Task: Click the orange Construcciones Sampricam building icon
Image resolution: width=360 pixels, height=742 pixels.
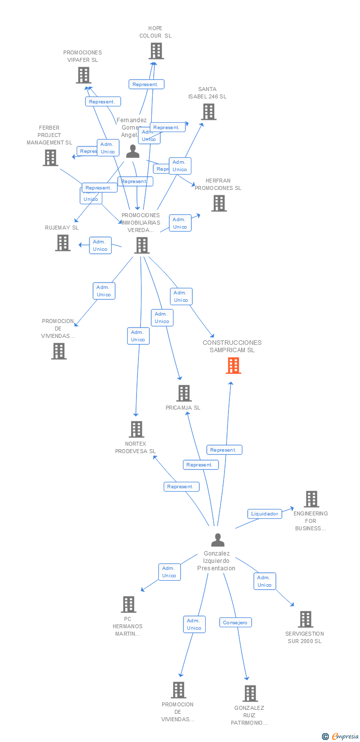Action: click(x=233, y=365)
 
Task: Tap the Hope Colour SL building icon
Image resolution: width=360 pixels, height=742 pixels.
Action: click(x=156, y=51)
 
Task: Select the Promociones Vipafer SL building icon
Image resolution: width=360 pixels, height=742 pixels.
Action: click(x=83, y=75)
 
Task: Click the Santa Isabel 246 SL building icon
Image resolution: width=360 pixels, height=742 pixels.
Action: click(x=209, y=112)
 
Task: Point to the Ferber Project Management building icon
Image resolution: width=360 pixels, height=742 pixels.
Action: click(x=50, y=158)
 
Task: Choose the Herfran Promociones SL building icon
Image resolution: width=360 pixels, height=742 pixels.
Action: click(x=219, y=203)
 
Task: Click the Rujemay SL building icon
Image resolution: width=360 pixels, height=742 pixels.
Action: click(x=63, y=243)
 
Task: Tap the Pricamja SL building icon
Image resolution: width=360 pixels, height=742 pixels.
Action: click(x=184, y=393)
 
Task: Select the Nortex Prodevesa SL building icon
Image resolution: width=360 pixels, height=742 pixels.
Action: click(x=136, y=429)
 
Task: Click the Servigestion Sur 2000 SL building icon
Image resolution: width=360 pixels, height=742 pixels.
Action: click(x=306, y=619)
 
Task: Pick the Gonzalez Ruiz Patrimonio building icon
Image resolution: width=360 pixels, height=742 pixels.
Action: click(x=250, y=694)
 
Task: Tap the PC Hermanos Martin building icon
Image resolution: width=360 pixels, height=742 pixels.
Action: click(x=129, y=604)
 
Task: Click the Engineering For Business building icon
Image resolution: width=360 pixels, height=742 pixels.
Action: click(x=312, y=499)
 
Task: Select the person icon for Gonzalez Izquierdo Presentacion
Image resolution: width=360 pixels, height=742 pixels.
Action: click(x=218, y=540)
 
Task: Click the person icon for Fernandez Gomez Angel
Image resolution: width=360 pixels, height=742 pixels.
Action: click(x=133, y=151)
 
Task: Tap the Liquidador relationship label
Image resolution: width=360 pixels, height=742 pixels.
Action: click(x=265, y=514)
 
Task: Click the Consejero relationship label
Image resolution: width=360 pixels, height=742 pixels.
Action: click(x=235, y=623)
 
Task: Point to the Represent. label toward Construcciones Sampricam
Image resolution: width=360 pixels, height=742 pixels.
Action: click(x=224, y=450)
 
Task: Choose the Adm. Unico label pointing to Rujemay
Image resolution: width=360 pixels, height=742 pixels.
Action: click(x=100, y=245)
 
